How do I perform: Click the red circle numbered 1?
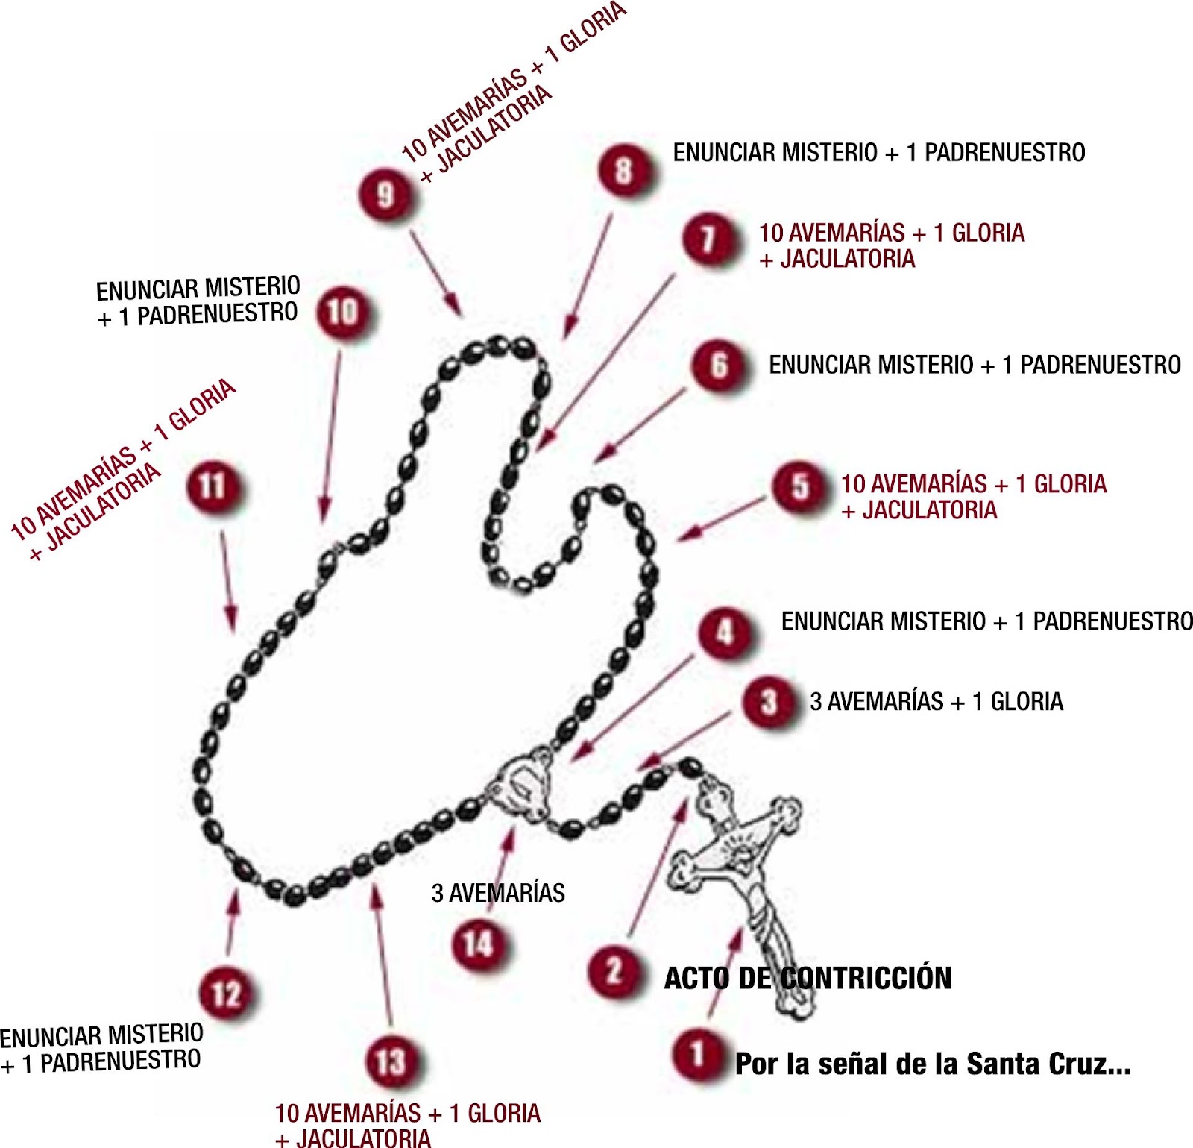[x=697, y=1054]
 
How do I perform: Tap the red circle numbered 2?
[x=614, y=970]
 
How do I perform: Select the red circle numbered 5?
[x=799, y=487]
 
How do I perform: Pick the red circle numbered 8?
[x=623, y=170]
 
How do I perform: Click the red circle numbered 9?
[x=385, y=195]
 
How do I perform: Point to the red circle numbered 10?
[x=343, y=312]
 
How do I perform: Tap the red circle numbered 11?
[x=213, y=486]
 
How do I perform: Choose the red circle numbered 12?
[x=226, y=994]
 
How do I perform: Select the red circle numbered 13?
[x=391, y=1061]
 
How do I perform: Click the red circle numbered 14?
[x=478, y=944]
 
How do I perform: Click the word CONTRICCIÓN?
[x=866, y=978]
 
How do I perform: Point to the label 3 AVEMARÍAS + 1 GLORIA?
[x=937, y=702]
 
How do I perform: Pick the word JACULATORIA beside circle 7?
[x=848, y=260]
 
